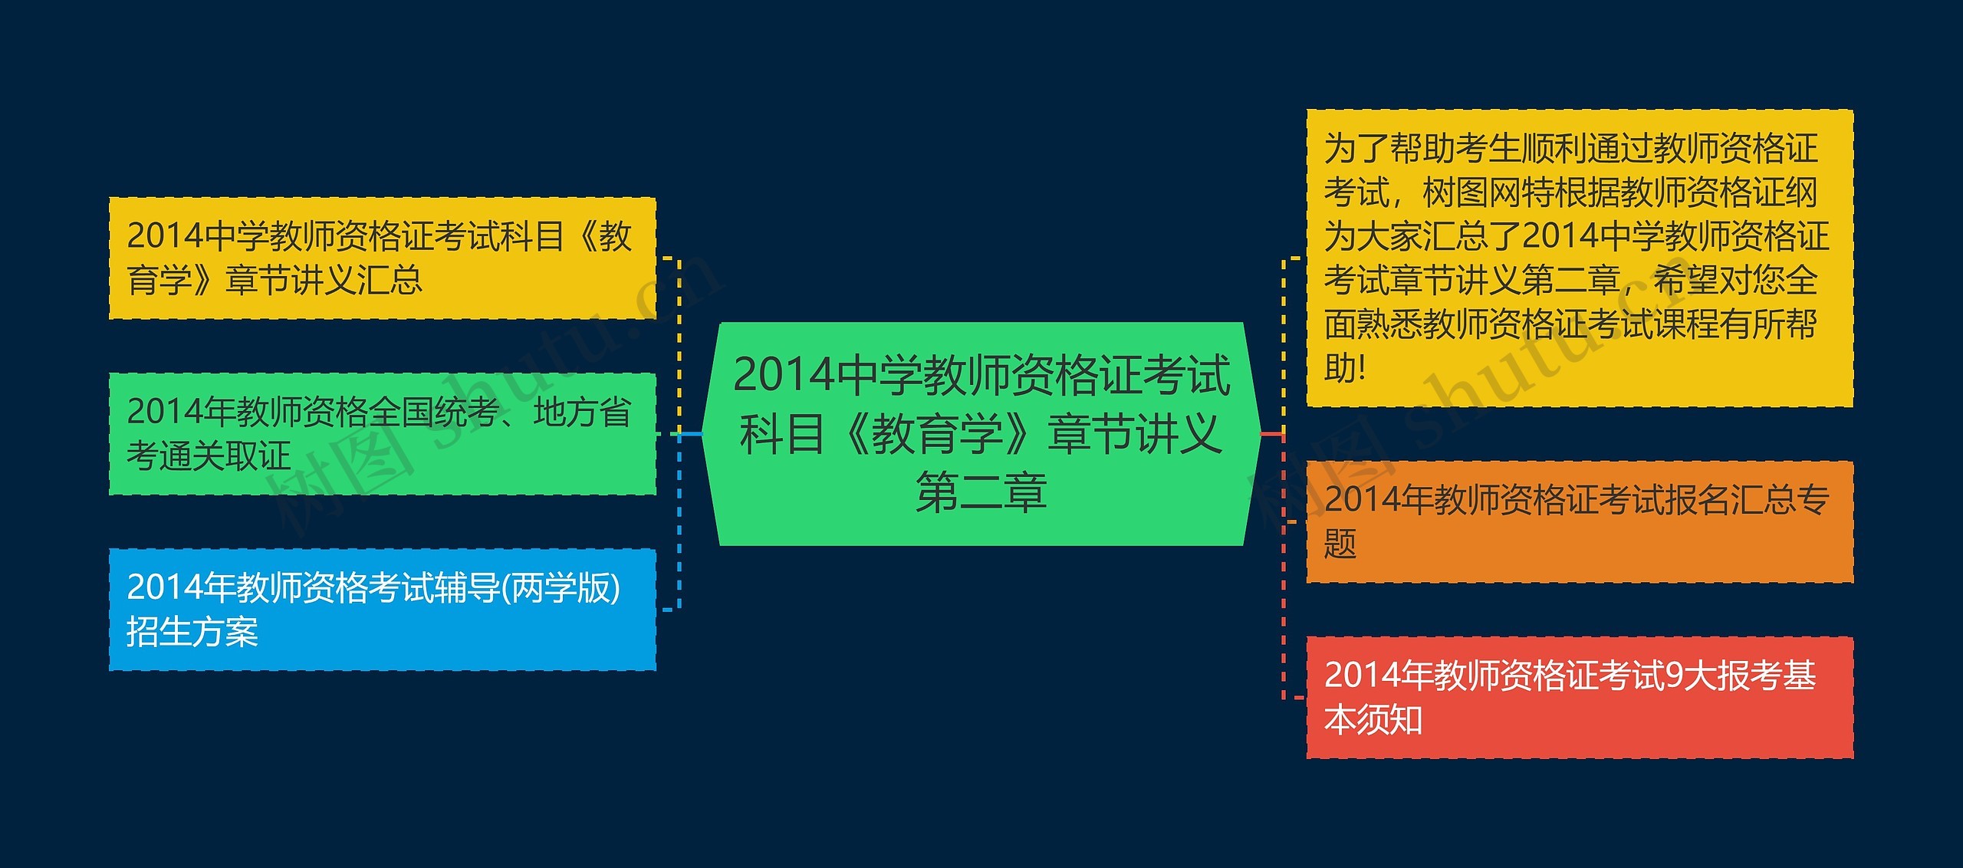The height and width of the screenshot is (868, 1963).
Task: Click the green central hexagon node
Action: (981, 434)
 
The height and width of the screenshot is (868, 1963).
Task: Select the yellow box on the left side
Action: (382, 258)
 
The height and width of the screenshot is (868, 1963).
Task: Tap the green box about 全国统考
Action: (382, 434)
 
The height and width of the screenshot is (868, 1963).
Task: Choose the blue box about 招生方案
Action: (382, 610)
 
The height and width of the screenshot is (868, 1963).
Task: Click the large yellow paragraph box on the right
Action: (1580, 258)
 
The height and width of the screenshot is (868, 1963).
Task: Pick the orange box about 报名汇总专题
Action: (1580, 521)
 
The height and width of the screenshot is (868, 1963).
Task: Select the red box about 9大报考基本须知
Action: (1580, 697)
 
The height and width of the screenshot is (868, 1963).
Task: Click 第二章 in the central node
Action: (981, 492)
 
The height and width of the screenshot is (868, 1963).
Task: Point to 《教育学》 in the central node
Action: (937, 433)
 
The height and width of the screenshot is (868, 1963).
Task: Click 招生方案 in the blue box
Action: (192, 632)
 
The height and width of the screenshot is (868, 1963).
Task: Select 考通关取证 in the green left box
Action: (209, 456)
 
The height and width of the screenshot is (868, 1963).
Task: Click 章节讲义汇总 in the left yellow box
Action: (324, 280)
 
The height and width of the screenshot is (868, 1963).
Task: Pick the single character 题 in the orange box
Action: (1340, 544)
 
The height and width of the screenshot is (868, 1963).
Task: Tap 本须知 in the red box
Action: (1373, 719)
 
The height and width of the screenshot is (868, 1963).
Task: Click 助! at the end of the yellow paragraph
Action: (1346, 368)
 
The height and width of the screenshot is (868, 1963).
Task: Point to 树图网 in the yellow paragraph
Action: (1471, 192)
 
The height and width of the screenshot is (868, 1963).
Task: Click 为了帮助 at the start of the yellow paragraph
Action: (1389, 148)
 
